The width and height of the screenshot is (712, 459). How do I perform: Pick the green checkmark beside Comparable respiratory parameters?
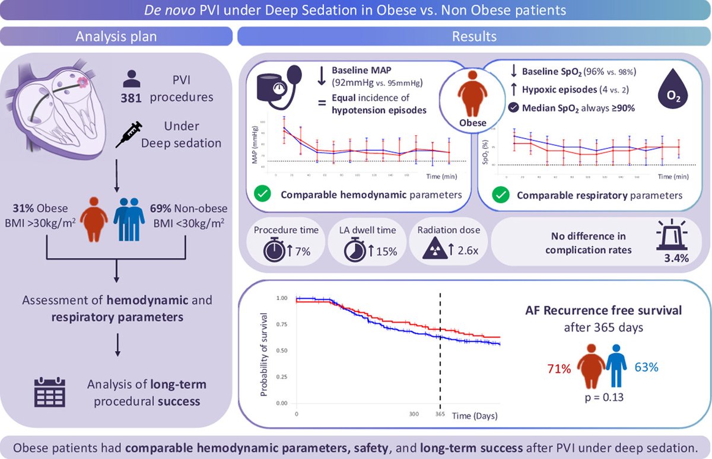502,194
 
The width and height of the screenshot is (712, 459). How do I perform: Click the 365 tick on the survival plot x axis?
439,415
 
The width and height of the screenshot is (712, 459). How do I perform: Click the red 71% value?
559,369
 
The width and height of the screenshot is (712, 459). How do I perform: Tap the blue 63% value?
646,367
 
